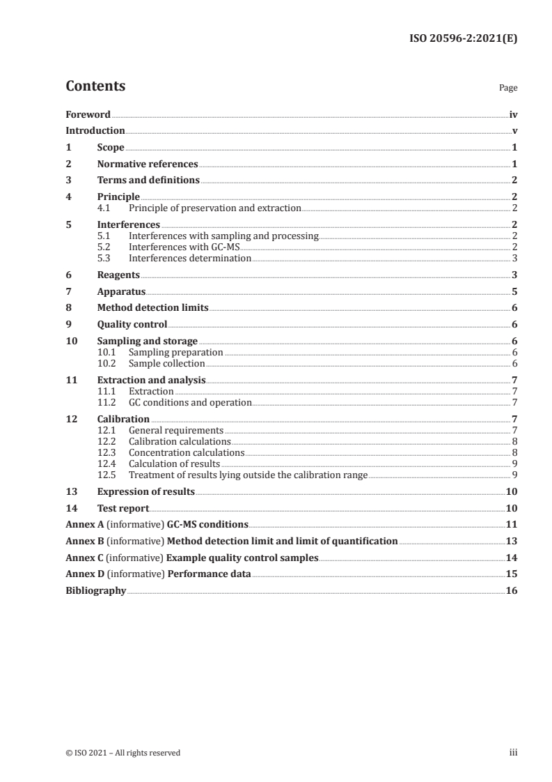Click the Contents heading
click(x=95, y=86)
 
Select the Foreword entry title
click(x=88, y=114)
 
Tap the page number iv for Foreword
click(x=512, y=114)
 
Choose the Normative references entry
click(x=148, y=164)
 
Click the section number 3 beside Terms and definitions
click(x=68, y=181)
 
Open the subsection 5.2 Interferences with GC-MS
click(x=184, y=247)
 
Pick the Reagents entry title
click(x=118, y=275)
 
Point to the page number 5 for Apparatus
click(x=514, y=292)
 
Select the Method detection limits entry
click(x=152, y=308)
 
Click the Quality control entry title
click(x=132, y=324)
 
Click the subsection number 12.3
click(x=107, y=452)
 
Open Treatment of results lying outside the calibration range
click(x=248, y=475)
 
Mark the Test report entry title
click(x=123, y=509)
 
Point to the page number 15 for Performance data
click(x=511, y=574)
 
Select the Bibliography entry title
click(x=95, y=590)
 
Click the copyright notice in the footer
click(x=123, y=753)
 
